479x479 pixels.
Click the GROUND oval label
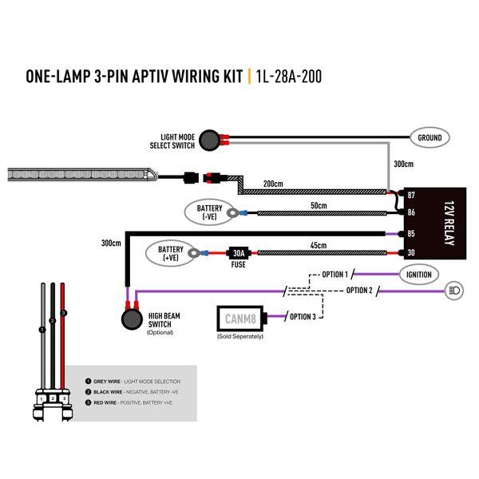(x=430, y=138)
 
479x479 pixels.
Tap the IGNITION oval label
(x=418, y=275)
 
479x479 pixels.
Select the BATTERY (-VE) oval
(x=209, y=212)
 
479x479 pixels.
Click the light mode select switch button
(x=212, y=139)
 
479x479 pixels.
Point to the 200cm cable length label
(x=273, y=184)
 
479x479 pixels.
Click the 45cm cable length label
(x=319, y=245)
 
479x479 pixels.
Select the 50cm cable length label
(x=319, y=206)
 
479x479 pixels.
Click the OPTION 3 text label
(x=302, y=317)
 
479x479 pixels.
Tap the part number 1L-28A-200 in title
(x=289, y=77)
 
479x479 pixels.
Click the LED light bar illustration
(x=80, y=172)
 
